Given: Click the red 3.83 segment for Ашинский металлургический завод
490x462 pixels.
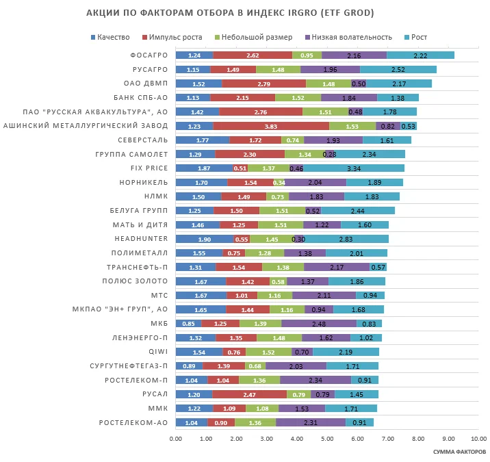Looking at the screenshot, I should pyautogui.click(x=271, y=126).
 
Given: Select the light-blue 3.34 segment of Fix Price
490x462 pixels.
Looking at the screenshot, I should pyautogui.click(x=354, y=168).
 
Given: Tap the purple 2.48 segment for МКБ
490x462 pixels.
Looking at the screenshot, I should pyautogui.click(x=318, y=324).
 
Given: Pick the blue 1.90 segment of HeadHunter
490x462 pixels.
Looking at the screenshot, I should pyautogui.click(x=204, y=239).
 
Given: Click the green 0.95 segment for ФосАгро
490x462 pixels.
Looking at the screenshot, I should pyautogui.click(x=307, y=55).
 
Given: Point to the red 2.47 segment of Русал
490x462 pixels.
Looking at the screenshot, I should pyautogui.click(x=249, y=394).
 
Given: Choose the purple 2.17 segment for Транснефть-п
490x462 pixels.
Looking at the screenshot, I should pyautogui.click(x=337, y=267).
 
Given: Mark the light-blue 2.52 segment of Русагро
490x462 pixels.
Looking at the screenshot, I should pyautogui.click(x=398, y=69).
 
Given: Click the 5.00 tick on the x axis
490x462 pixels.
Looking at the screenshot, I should pyautogui.click(x=327, y=439).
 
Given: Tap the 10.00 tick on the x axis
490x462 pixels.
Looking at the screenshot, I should pyautogui.click(x=478, y=439).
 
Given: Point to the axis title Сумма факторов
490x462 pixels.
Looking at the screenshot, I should pyautogui.click(x=459, y=452).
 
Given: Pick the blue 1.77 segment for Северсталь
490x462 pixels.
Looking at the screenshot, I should pyautogui.click(x=202, y=140).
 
